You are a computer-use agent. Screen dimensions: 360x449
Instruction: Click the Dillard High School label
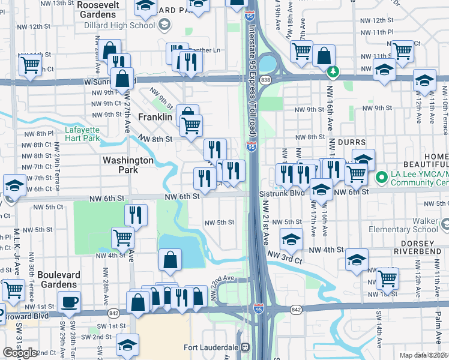pos(125,25)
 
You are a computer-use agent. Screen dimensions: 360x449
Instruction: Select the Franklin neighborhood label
pos(155,118)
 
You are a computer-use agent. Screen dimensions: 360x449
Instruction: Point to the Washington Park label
pos(128,165)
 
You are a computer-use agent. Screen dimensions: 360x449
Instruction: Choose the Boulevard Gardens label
pos(58,279)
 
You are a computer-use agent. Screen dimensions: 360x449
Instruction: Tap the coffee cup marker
pos(69,302)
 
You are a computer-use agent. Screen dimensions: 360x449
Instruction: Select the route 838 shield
pos(266,79)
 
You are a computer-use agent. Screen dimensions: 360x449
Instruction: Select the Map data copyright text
pos(423,355)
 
